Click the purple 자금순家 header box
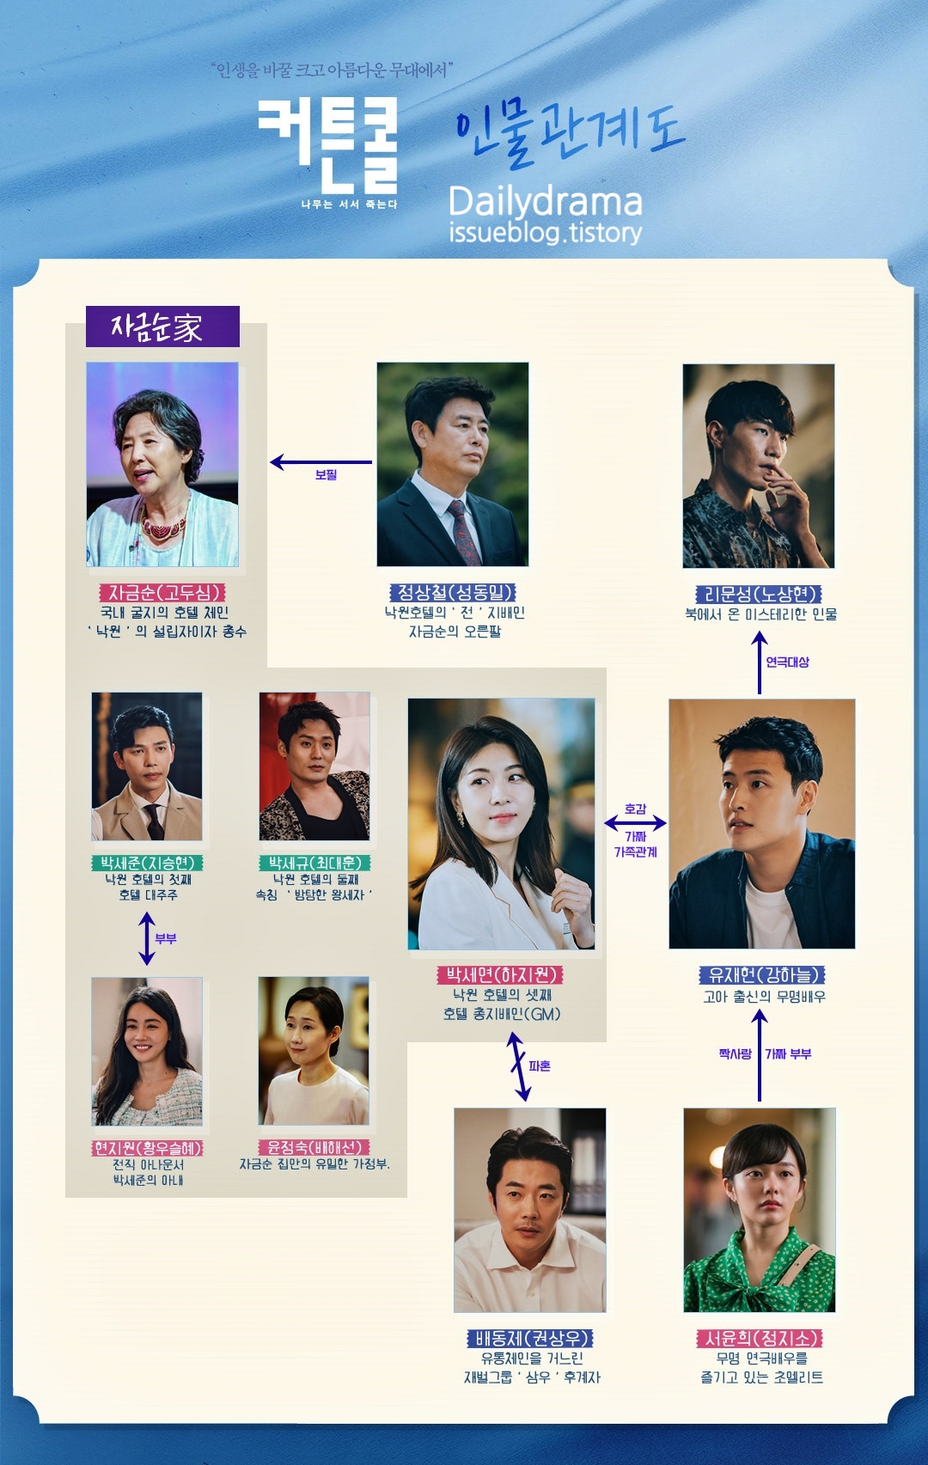pyautogui.click(x=162, y=327)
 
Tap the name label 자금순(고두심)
pyautogui.click(x=162, y=592)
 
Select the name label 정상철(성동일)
pyautogui.click(x=453, y=592)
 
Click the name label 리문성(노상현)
pyautogui.click(x=759, y=594)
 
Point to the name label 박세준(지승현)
pyautogui.click(x=148, y=863)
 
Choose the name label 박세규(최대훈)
pyautogui.click(x=314, y=863)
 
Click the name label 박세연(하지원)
pyautogui.click(x=500, y=974)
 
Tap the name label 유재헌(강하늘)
pyautogui.click(x=761, y=974)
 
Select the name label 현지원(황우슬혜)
pyautogui.click(x=148, y=1148)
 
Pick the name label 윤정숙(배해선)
pyautogui.click(x=314, y=1147)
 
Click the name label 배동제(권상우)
pyautogui.click(x=530, y=1338)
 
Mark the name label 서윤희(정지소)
pyautogui.click(x=760, y=1338)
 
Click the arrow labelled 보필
pyautogui.click(x=321, y=462)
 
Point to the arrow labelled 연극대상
pyautogui.click(x=760, y=662)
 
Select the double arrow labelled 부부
pyautogui.click(x=147, y=938)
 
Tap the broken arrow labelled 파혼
pyautogui.click(x=518, y=1066)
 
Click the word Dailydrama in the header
pyautogui.click(x=546, y=202)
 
